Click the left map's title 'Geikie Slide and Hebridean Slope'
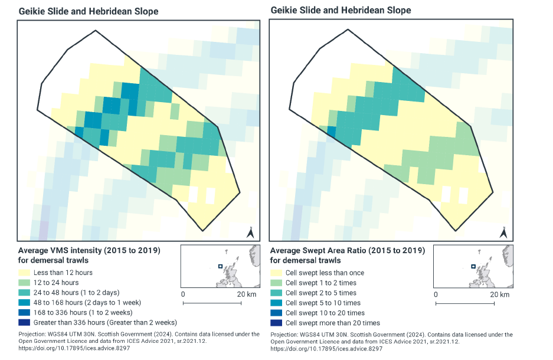click(x=89, y=11)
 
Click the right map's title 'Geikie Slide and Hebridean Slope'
click(x=341, y=11)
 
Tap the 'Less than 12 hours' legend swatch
click(x=24, y=273)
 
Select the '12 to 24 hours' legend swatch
click(x=24, y=283)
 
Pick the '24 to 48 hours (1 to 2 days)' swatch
click(x=24, y=293)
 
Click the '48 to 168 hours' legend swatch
click(x=24, y=303)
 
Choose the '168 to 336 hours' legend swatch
click(x=24, y=313)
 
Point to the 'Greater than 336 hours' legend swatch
click(x=24, y=323)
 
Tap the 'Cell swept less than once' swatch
click(x=276, y=273)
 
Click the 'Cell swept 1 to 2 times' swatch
click(x=276, y=283)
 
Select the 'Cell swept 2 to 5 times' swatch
click(x=276, y=293)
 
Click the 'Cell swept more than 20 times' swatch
click(x=276, y=323)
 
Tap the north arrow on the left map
click(x=251, y=233)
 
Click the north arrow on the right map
click(x=503, y=233)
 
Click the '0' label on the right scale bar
click(x=436, y=294)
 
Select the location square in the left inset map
click(x=220, y=267)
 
